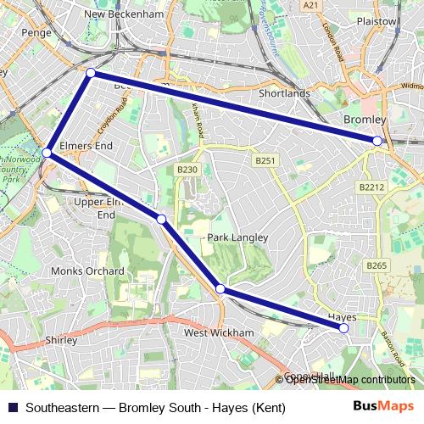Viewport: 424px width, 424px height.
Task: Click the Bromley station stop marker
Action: click(x=377, y=141)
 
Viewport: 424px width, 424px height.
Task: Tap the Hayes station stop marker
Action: click(x=343, y=327)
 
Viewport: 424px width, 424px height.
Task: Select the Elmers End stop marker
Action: click(x=47, y=153)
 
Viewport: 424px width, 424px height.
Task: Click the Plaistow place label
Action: click(x=377, y=21)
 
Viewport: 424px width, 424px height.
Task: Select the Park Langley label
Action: click(x=237, y=238)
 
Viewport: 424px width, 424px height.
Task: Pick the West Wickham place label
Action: click(x=219, y=333)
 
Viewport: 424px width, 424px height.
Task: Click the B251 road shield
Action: click(x=265, y=159)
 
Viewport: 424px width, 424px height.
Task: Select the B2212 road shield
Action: click(x=371, y=187)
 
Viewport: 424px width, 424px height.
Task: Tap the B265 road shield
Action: click(x=377, y=266)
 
